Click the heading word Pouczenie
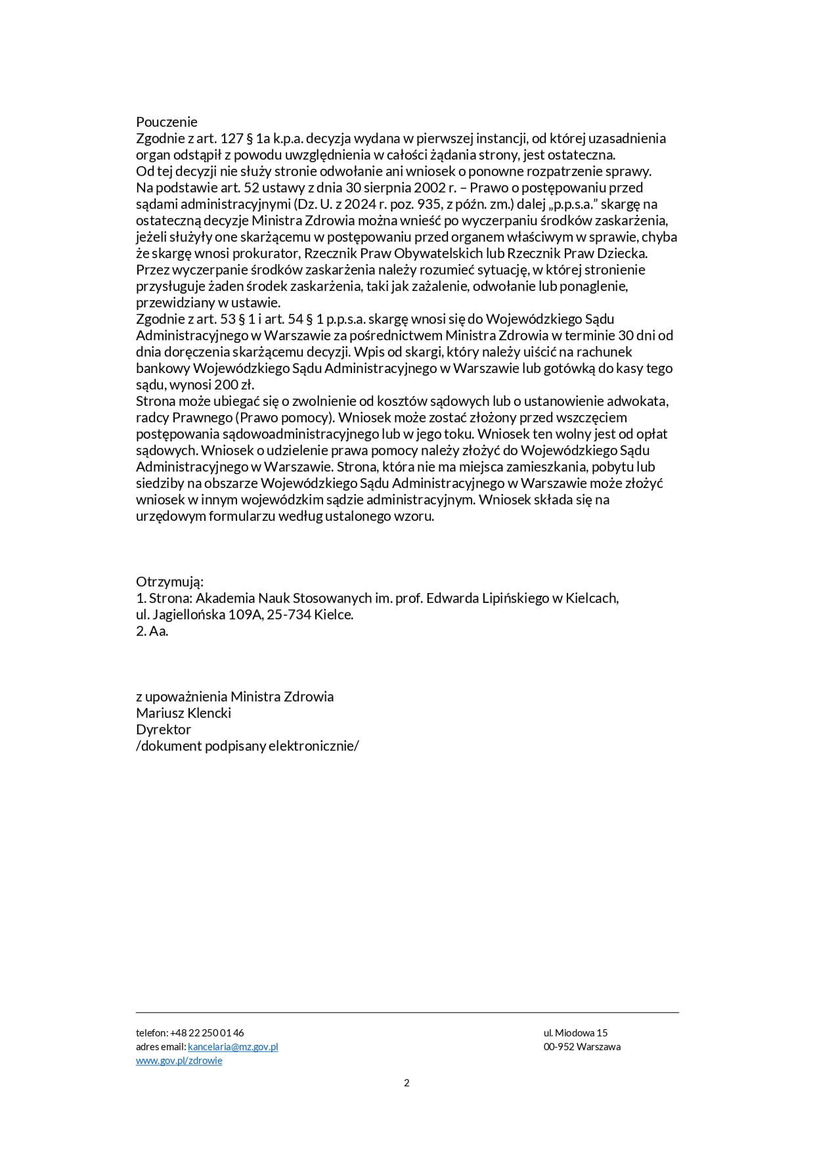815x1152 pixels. click(x=166, y=122)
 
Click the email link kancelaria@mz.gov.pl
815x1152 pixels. click(x=232, y=1047)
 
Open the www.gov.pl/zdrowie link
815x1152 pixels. click(x=179, y=1061)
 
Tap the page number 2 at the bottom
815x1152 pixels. click(x=407, y=1083)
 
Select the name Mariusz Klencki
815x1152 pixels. click(x=183, y=713)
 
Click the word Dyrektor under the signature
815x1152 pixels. click(x=164, y=729)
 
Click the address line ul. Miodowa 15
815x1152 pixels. click(x=575, y=1033)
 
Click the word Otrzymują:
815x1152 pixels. click(x=169, y=582)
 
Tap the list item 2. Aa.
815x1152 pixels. click(x=152, y=631)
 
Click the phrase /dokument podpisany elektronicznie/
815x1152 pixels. click(x=248, y=745)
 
